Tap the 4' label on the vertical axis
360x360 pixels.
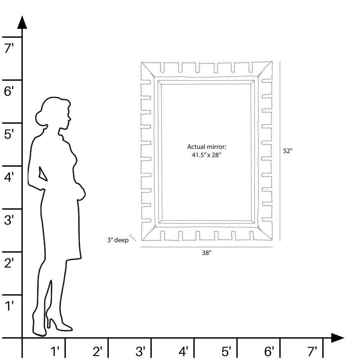tap(9, 177)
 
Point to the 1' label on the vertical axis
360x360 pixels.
tap(9, 306)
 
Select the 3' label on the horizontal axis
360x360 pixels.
tap(140, 351)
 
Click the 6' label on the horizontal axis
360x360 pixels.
tap(269, 351)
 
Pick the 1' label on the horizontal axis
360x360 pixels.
tap(55, 351)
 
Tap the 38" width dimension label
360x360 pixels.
tap(206, 253)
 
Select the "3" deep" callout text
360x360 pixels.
tap(118, 240)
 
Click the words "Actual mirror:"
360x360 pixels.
tap(206, 147)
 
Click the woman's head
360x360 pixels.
tap(54, 112)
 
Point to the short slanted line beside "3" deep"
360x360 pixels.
tap(133, 238)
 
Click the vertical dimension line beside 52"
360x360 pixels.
tap(280, 151)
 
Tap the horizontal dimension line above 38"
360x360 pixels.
tap(206, 247)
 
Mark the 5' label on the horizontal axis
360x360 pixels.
tap(226, 351)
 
